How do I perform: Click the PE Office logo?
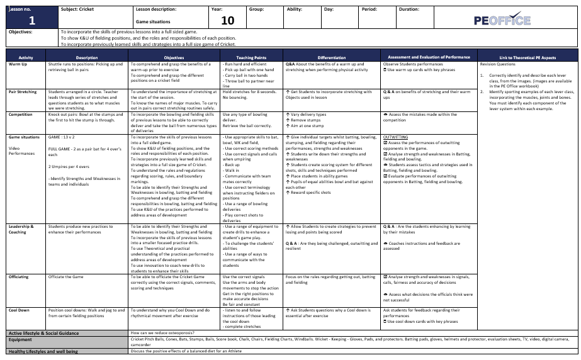502,19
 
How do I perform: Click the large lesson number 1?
31,21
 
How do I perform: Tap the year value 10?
227,21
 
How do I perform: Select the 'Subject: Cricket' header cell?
79,9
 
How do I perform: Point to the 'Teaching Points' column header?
239,57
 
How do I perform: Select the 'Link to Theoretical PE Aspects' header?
527,57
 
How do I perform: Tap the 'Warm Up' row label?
18,64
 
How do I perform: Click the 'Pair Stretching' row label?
22,91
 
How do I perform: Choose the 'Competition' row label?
20,115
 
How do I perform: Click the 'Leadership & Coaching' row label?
21,229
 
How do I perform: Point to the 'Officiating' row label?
20,277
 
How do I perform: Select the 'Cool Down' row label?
20,310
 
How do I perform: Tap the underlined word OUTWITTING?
395,137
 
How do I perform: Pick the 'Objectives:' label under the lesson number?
21,31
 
